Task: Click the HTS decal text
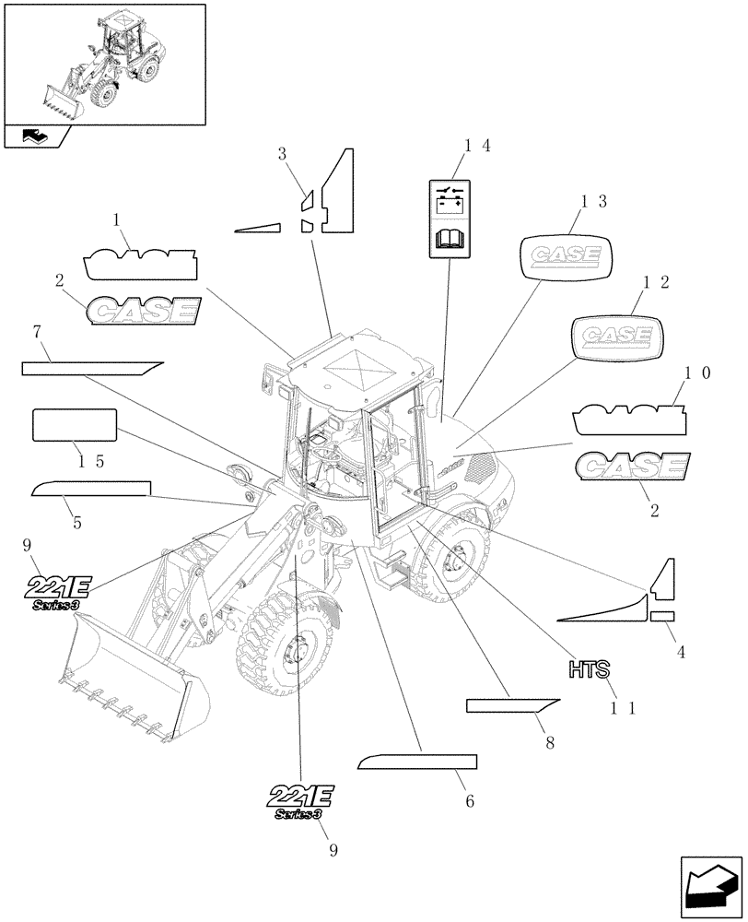tap(590, 668)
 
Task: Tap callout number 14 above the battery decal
tap(477, 146)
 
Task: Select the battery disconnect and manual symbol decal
tap(451, 218)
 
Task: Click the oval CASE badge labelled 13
tap(567, 254)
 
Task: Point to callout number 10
tap(696, 373)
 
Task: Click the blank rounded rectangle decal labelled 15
tap(75, 425)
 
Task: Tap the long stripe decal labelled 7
tap(92, 368)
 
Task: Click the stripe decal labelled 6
tap(417, 762)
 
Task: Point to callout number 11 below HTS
tap(624, 707)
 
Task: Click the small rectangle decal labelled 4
tap(662, 616)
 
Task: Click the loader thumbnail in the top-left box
tap(103, 65)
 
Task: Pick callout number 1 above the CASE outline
tap(117, 221)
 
